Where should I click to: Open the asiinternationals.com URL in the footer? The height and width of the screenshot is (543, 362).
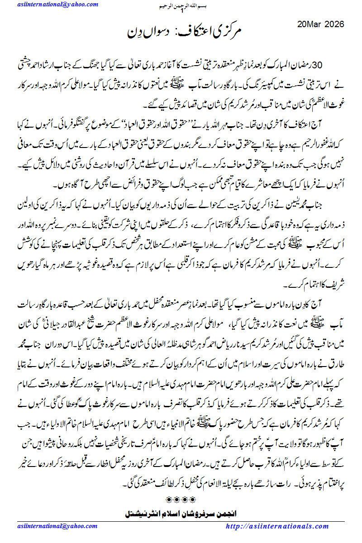[277, 527]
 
